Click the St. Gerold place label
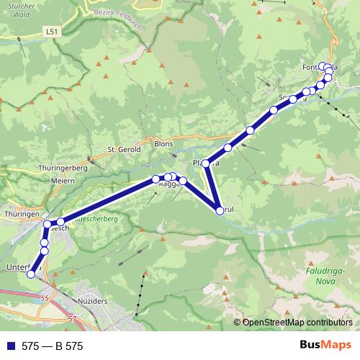click(x=122, y=149)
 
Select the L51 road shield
click(x=50, y=32)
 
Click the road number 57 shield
click(x=71, y=318)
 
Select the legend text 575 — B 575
click(x=52, y=346)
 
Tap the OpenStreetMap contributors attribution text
click(x=297, y=323)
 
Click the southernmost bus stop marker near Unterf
click(x=31, y=274)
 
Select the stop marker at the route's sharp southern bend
click(x=220, y=210)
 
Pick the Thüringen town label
click(x=20, y=215)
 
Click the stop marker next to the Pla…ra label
click(x=207, y=164)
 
